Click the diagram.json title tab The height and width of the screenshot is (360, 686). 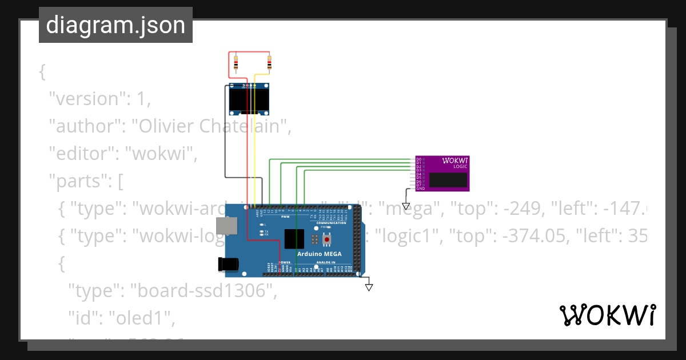pyautogui.click(x=115, y=25)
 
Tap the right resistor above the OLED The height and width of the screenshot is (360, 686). pyautogui.click(x=270, y=63)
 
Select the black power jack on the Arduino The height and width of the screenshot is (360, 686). pyautogui.click(x=227, y=263)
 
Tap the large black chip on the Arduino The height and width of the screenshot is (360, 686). pyautogui.click(x=294, y=238)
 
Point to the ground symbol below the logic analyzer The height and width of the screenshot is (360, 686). pyautogui.click(x=406, y=206)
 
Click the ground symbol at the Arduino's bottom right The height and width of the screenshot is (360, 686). pyautogui.click(x=369, y=286)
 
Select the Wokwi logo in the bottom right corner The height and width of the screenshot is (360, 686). pyautogui.click(x=607, y=315)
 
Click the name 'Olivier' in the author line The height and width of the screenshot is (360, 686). pyautogui.click(x=164, y=126)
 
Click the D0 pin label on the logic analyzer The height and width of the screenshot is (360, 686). pyautogui.click(x=418, y=159)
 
